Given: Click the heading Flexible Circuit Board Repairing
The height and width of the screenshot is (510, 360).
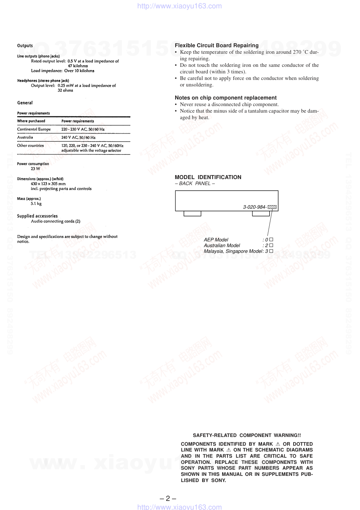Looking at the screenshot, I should point(217,45).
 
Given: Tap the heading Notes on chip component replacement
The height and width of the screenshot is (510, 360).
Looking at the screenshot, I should point(225,98).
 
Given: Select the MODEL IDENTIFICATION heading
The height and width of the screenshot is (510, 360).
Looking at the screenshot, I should point(208,177).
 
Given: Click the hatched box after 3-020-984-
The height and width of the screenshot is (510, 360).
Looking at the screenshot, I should point(272,207).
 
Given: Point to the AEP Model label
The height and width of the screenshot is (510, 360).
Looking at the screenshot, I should point(216,240).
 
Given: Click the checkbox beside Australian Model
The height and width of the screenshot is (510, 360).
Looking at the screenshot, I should point(271,246).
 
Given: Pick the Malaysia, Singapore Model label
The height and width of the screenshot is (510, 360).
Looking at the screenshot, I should point(233,251).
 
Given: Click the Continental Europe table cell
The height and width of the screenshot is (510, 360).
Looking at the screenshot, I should point(34,129).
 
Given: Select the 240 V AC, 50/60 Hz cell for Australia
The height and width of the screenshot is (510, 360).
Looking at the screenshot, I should point(78,138).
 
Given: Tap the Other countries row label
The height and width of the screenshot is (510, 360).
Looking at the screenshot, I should point(30,146).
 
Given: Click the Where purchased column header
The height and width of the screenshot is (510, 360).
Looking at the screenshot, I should point(31,121).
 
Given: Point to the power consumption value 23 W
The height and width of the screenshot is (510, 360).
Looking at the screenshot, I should point(35,169).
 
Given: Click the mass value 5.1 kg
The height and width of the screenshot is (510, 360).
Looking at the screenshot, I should point(36,204).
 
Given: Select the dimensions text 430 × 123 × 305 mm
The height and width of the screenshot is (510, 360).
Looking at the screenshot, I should point(48,184).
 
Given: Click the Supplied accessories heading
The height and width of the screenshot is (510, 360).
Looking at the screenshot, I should point(37,216).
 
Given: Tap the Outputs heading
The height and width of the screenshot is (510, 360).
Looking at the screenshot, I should point(25,46).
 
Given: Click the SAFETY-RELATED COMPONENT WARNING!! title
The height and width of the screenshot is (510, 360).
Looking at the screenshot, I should point(247,435).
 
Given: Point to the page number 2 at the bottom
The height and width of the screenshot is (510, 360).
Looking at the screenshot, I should point(168,498).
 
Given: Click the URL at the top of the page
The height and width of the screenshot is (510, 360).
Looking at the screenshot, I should point(179,6).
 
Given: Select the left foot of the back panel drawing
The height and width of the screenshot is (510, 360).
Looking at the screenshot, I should point(192,214).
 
